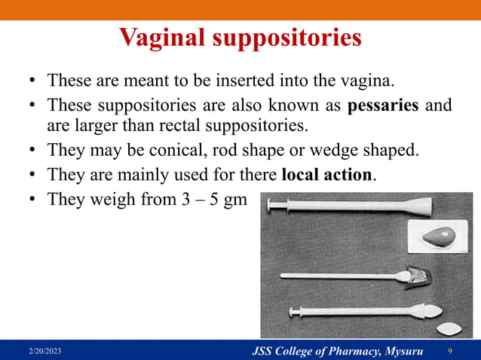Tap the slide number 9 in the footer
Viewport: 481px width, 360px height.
450,352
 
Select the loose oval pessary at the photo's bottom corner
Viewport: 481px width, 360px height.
448,328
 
